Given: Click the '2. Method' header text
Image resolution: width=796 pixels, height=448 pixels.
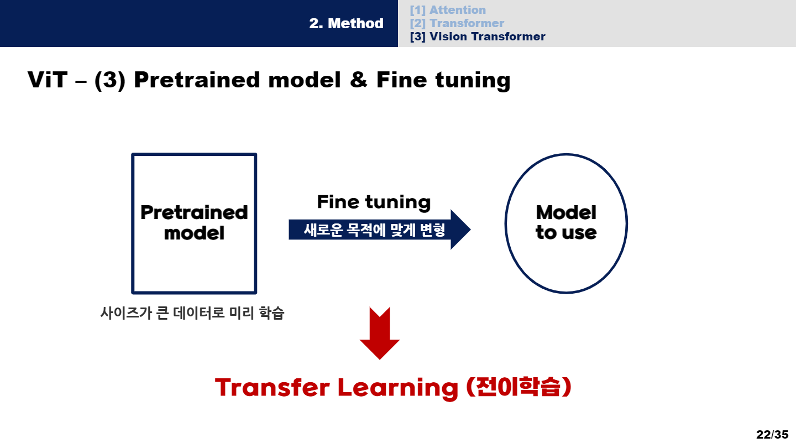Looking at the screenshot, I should click(346, 24).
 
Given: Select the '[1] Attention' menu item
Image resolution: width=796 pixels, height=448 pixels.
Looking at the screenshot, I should click(448, 10).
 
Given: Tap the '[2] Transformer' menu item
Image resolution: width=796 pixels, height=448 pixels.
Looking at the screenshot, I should click(457, 23).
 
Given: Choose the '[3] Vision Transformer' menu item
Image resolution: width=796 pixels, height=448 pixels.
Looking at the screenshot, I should click(478, 37).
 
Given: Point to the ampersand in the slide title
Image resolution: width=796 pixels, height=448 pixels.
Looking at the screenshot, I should click(358, 80).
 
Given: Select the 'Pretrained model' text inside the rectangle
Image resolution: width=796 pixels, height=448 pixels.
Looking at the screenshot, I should click(194, 222).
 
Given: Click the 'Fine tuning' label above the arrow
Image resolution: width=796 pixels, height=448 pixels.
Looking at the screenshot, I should click(374, 202).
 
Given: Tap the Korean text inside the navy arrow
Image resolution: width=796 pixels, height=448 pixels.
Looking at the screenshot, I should click(374, 230).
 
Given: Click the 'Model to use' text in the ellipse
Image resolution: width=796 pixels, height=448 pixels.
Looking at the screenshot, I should click(566, 222).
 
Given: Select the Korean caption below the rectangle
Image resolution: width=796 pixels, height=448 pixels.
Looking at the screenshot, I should click(192, 313).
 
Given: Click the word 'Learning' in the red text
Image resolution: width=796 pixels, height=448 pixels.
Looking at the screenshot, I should click(397, 387).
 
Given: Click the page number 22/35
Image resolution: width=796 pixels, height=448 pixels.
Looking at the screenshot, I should click(772, 434).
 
